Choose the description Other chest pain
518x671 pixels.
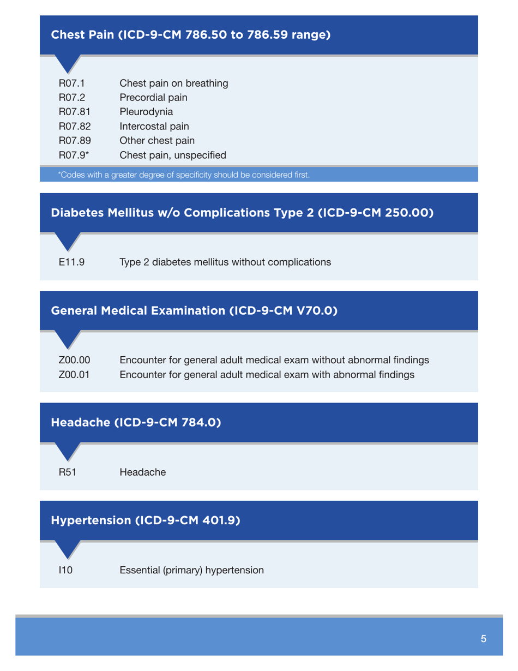[157, 140]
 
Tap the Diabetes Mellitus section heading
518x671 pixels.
[242, 213]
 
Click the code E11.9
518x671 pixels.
[71, 262]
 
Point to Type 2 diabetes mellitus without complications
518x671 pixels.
[225, 262]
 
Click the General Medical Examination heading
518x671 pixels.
[194, 311]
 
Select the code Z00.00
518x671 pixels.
[74, 360]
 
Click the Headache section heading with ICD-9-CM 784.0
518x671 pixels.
[136, 422]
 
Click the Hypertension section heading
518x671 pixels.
[146, 520]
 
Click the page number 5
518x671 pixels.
[484, 639]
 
